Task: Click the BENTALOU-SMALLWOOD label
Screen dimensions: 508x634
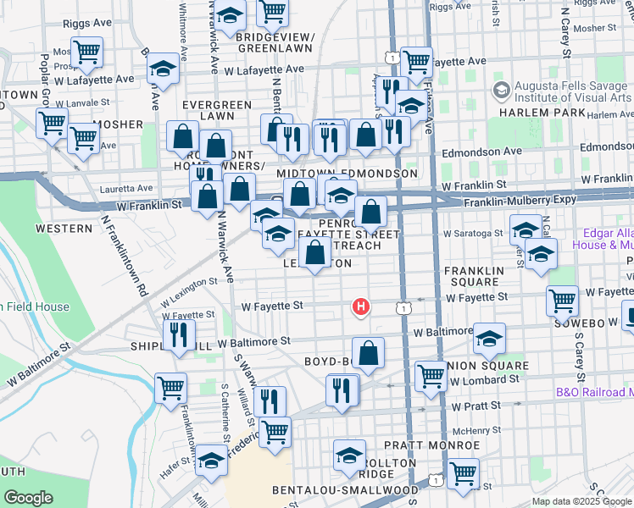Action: (x=345, y=490)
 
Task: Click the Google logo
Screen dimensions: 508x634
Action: (x=27, y=497)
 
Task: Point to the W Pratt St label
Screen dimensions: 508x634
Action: (x=473, y=407)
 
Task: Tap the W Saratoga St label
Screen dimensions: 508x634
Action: (x=473, y=233)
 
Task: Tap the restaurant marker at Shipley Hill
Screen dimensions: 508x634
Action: (x=179, y=335)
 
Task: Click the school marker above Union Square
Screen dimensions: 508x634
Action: (x=488, y=339)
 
